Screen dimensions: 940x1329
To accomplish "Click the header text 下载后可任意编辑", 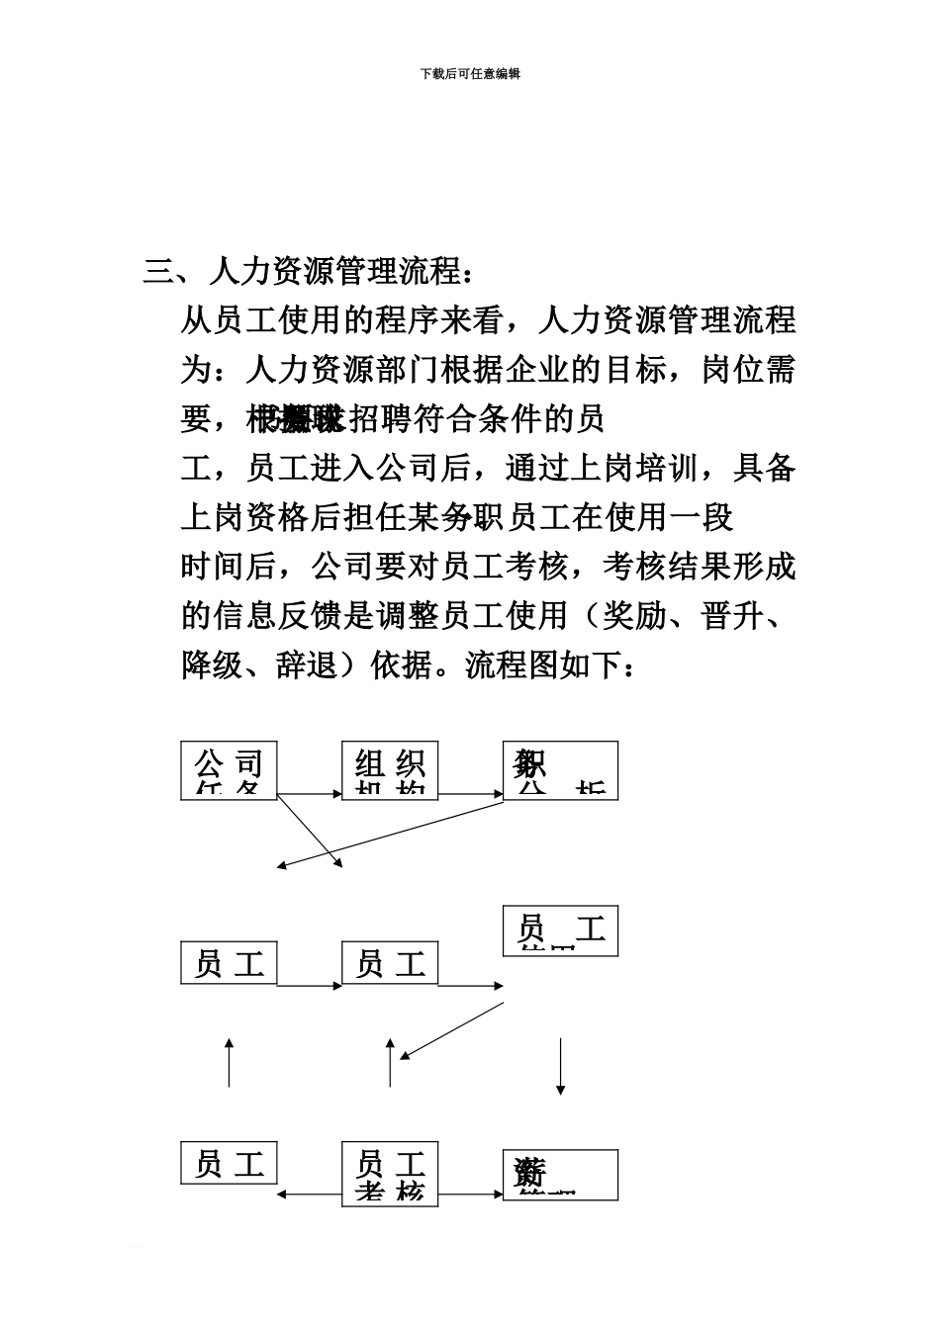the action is tap(470, 73).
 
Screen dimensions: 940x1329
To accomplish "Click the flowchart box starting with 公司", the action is tap(229, 770).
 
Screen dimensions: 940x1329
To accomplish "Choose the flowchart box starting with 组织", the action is tap(390, 770).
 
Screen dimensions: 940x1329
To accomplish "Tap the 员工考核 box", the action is tap(390, 1173).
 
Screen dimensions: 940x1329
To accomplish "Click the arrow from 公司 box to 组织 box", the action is tap(309, 793).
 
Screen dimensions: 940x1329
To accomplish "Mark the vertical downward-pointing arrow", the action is tap(561, 1065).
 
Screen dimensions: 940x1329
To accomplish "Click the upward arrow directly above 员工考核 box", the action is tap(390, 1063).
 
